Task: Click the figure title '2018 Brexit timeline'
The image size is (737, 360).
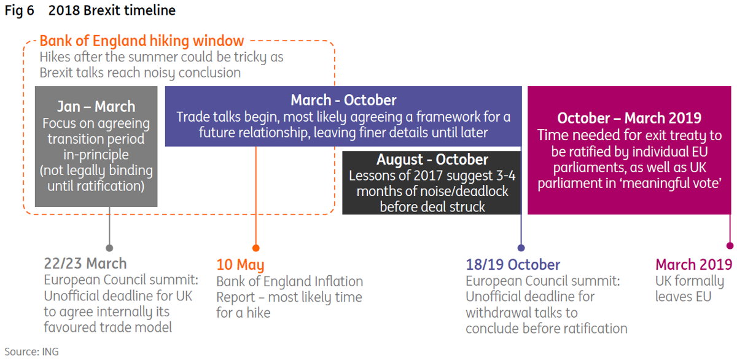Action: click(x=112, y=10)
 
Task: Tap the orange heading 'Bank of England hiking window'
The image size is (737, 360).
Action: click(x=142, y=41)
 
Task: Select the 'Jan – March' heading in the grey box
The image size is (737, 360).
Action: click(x=96, y=106)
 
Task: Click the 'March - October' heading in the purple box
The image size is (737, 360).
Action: click(x=343, y=100)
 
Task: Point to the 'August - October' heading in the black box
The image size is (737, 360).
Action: click(x=432, y=159)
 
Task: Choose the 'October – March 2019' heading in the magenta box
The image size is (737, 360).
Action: click(x=629, y=118)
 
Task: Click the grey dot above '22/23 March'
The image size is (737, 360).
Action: click(x=109, y=248)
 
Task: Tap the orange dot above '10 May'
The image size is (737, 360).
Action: click(x=256, y=248)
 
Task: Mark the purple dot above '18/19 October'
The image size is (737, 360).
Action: click(x=521, y=248)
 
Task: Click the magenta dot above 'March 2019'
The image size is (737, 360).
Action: click(x=730, y=246)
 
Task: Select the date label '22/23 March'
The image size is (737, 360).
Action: click(x=85, y=264)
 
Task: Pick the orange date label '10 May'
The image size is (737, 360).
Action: click(x=240, y=265)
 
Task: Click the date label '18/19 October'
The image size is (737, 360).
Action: click(x=513, y=265)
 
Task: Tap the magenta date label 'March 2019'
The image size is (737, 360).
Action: click(x=693, y=265)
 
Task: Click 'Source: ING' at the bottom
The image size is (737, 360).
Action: click(x=31, y=352)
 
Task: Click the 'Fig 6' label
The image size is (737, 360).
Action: click(x=20, y=10)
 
